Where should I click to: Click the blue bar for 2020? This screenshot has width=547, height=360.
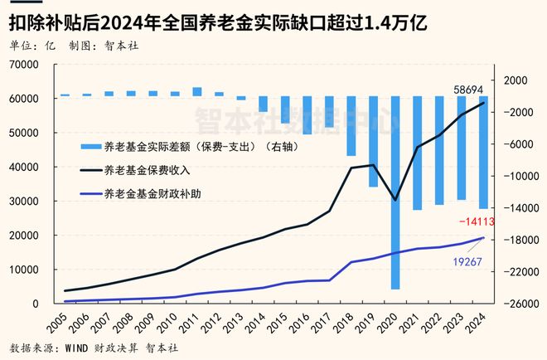coord(395,192)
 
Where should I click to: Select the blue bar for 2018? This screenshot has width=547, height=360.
coord(351,126)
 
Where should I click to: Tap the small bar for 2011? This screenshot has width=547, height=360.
coord(196,91)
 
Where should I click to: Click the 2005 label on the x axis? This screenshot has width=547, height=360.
coord(57,319)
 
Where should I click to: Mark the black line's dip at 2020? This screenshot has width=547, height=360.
coord(395,200)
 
